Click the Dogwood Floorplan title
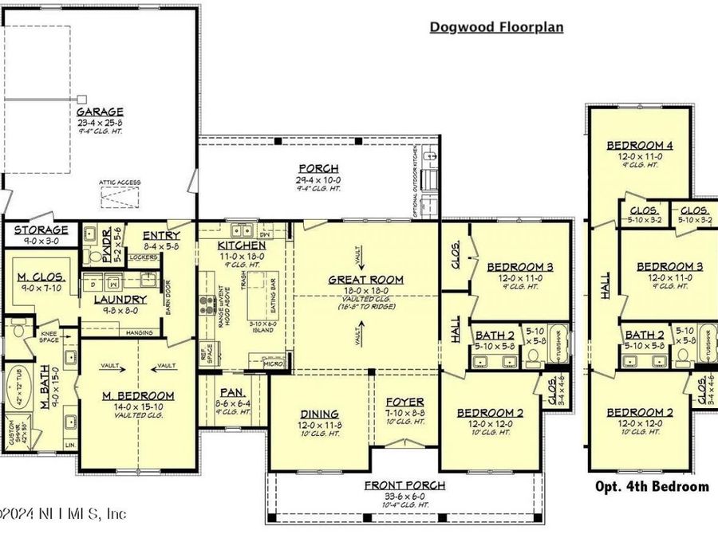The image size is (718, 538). click(496, 27)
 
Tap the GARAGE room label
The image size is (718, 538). click(100, 112)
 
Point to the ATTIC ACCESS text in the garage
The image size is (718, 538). click(120, 183)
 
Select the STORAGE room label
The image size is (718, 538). click(40, 230)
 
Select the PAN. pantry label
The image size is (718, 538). click(233, 393)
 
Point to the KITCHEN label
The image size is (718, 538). click(241, 245)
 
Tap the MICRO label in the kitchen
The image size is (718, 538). click(276, 365)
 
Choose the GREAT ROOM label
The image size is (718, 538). click(366, 280)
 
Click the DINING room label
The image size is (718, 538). click(319, 414)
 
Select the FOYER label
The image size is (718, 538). click(405, 402)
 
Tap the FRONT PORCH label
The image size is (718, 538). click(404, 485)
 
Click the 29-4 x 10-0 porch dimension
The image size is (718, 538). click(318, 181)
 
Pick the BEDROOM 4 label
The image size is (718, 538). click(639, 145)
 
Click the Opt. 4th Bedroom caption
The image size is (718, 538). click(652, 486)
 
